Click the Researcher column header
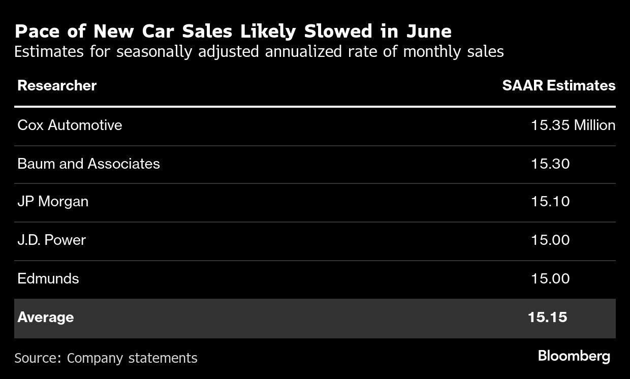[x=57, y=85]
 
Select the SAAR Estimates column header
[x=558, y=85]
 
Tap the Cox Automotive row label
[x=70, y=125]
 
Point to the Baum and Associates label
[x=88, y=164]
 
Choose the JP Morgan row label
[x=53, y=202]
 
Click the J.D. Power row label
[x=51, y=240]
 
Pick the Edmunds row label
[x=48, y=278]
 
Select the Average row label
[x=46, y=318]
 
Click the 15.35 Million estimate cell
[x=573, y=125]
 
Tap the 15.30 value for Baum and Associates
[x=550, y=164]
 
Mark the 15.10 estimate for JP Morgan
[x=550, y=202]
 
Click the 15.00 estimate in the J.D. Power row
[x=550, y=240]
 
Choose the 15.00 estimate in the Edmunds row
[x=550, y=278]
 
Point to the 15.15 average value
[x=547, y=318]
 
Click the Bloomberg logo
[x=574, y=356]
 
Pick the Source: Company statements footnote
[x=106, y=358]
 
